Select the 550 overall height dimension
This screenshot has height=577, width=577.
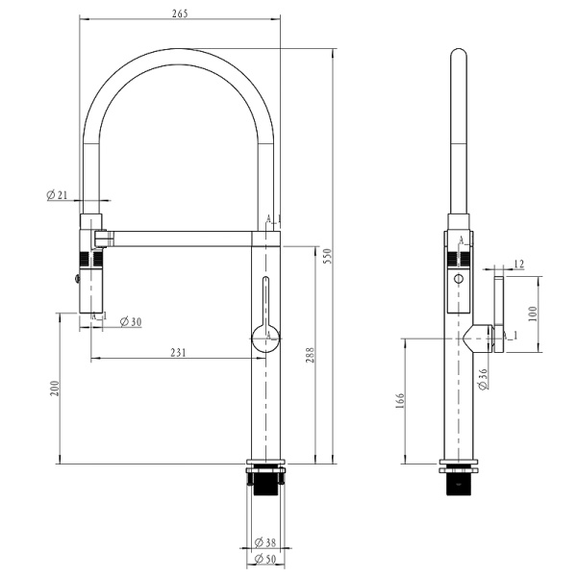pos(327,255)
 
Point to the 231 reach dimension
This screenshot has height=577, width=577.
pos(178,353)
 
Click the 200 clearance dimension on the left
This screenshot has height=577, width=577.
pos(55,388)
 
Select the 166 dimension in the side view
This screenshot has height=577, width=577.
pos(400,401)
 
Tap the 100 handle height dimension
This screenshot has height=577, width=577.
pos(533,314)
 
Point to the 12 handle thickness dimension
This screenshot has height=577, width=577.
pos(518,263)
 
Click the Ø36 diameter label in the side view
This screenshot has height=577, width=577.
pos(483,379)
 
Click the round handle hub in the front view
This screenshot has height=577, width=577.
pos(265,338)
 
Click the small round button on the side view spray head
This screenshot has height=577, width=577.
pos(459,279)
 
